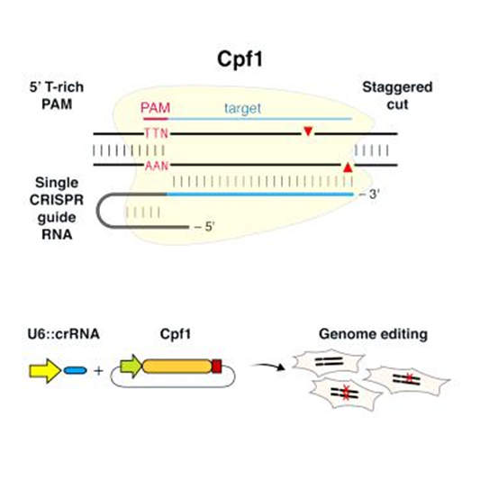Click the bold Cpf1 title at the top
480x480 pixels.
[240, 59]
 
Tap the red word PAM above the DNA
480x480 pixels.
[155, 108]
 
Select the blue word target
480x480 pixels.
[243, 108]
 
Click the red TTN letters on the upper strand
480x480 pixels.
[156, 133]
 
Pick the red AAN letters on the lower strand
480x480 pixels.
[157, 166]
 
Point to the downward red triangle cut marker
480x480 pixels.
[308, 131]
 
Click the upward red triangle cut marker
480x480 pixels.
[348, 168]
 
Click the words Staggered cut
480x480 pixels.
[397, 95]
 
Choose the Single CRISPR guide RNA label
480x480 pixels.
[57, 208]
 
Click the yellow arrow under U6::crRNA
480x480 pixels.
[45, 371]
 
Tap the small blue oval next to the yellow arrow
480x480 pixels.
[76, 371]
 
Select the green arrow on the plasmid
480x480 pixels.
[131, 367]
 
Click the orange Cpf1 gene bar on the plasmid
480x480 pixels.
[177, 367]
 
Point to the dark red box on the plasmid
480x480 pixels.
[217, 367]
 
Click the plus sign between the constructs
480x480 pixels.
[98, 371]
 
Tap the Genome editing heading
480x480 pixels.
[373, 334]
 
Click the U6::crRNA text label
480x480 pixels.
[64, 334]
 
